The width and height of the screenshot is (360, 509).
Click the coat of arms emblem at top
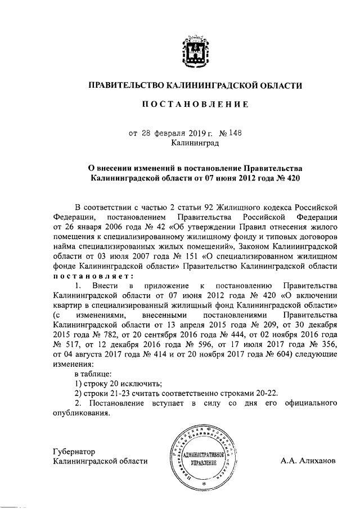[x=195, y=52]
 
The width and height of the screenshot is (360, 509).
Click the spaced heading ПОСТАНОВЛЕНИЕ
[x=195, y=105]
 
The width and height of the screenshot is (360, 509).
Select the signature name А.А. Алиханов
[x=308, y=461]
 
